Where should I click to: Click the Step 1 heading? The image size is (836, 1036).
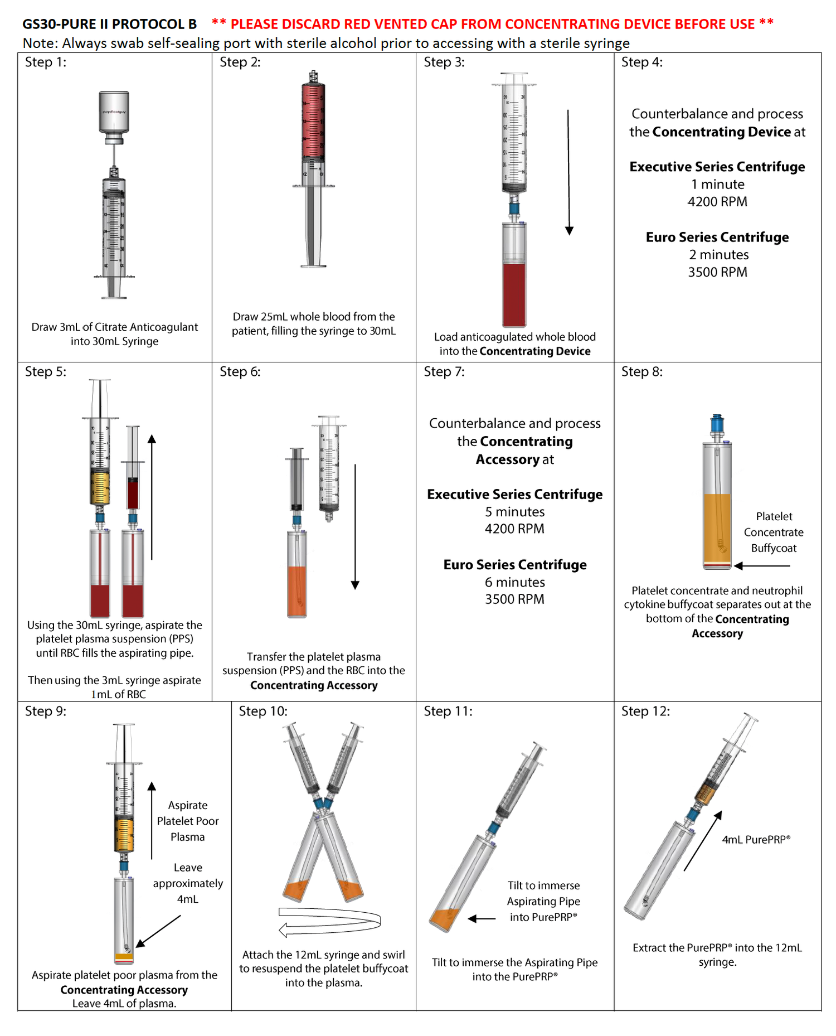point(45,62)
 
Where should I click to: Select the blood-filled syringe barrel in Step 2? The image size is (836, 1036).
point(313,119)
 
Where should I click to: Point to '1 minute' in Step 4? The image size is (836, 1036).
point(717,184)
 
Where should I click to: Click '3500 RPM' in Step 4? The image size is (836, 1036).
point(717,272)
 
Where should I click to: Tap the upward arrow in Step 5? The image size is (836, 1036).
point(152,496)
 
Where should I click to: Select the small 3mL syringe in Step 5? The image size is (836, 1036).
point(133,474)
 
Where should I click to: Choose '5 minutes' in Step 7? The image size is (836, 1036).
point(514,512)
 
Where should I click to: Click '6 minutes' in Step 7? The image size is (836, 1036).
point(514,582)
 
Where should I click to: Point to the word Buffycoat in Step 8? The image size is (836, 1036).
point(774,548)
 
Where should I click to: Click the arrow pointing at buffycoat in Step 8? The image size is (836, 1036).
point(762,566)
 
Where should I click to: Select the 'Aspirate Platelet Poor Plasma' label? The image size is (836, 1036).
point(188,821)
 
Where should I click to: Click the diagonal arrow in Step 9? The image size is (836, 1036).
point(158,931)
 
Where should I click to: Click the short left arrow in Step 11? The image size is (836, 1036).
point(482,918)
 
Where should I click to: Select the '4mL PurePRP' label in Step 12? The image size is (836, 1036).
point(756,840)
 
